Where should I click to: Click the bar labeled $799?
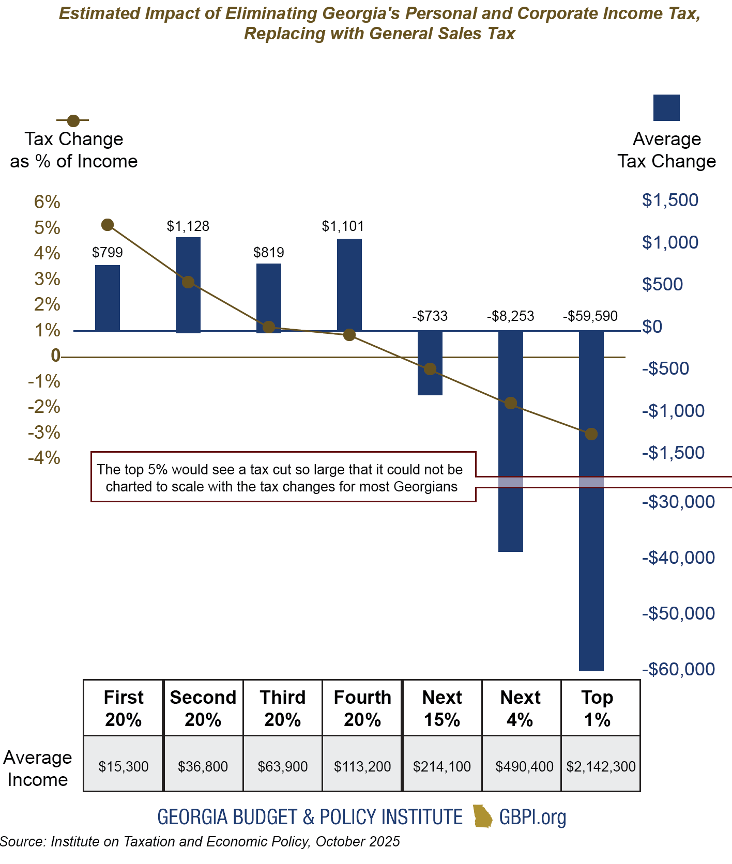(x=108, y=298)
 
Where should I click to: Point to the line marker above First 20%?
(x=108, y=224)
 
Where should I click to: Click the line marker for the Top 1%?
(x=591, y=434)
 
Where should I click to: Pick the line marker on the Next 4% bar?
(x=511, y=403)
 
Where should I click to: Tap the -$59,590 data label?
(x=590, y=316)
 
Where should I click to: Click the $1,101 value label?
(x=343, y=226)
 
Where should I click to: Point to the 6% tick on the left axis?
(x=47, y=202)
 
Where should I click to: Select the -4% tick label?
(x=44, y=458)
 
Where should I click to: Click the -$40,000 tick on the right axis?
(x=678, y=558)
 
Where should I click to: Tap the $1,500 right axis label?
(x=670, y=200)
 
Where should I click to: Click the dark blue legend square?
(x=666, y=107)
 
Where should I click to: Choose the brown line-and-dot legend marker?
(x=73, y=120)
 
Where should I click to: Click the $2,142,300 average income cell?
(x=601, y=766)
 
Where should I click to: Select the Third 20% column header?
(x=282, y=708)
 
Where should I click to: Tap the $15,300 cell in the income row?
(x=124, y=766)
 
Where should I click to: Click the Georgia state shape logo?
(x=483, y=816)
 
